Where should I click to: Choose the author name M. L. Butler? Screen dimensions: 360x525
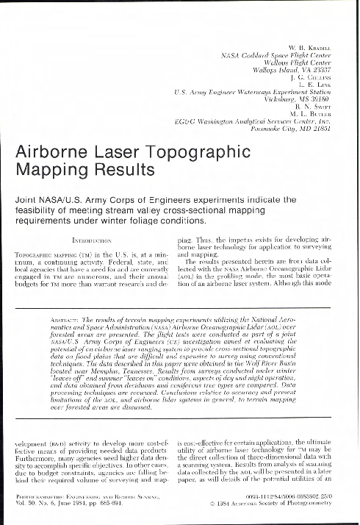324,116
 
